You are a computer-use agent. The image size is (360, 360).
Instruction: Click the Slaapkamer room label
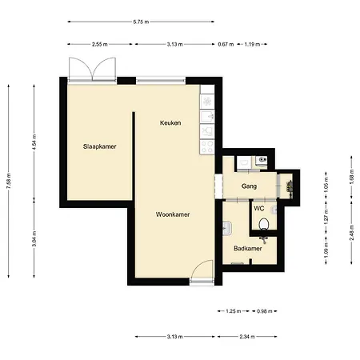99,146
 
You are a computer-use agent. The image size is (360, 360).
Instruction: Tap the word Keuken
170,123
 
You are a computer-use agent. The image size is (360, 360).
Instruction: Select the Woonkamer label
173,214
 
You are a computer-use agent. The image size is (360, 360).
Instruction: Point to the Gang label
249,186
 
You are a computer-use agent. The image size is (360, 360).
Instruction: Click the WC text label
259,208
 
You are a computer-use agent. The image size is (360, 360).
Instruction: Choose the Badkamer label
248,249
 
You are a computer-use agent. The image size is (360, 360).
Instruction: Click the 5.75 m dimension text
141,22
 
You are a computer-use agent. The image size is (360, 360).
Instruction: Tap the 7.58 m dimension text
9,181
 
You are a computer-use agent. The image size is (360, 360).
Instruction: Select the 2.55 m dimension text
100,44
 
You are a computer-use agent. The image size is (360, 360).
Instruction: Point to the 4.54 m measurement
34,142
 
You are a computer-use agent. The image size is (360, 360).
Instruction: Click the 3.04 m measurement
34,239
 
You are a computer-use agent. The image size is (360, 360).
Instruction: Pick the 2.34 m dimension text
247,337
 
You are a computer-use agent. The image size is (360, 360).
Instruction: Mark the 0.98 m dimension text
265,311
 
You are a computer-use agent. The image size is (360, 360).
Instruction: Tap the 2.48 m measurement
351,233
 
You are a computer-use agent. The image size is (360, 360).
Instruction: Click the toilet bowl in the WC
264,224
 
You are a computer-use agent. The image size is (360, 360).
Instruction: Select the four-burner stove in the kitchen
207,146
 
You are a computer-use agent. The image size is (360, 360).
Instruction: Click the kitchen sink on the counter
207,117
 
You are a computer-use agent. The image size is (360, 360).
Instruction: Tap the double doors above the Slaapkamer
92,69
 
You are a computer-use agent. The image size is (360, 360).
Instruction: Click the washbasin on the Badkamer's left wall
227,228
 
